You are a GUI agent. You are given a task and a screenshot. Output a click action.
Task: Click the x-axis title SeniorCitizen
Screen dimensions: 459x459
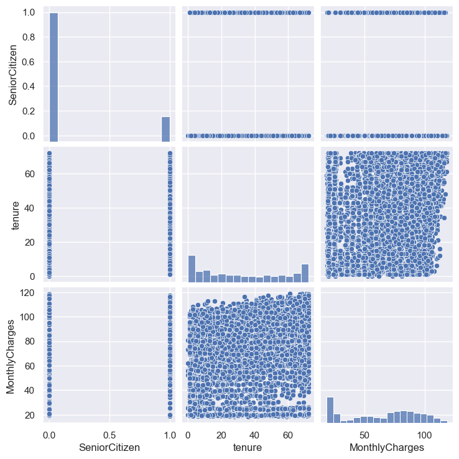(110, 447)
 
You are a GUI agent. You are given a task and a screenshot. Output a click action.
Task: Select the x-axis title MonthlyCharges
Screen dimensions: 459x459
(387, 447)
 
